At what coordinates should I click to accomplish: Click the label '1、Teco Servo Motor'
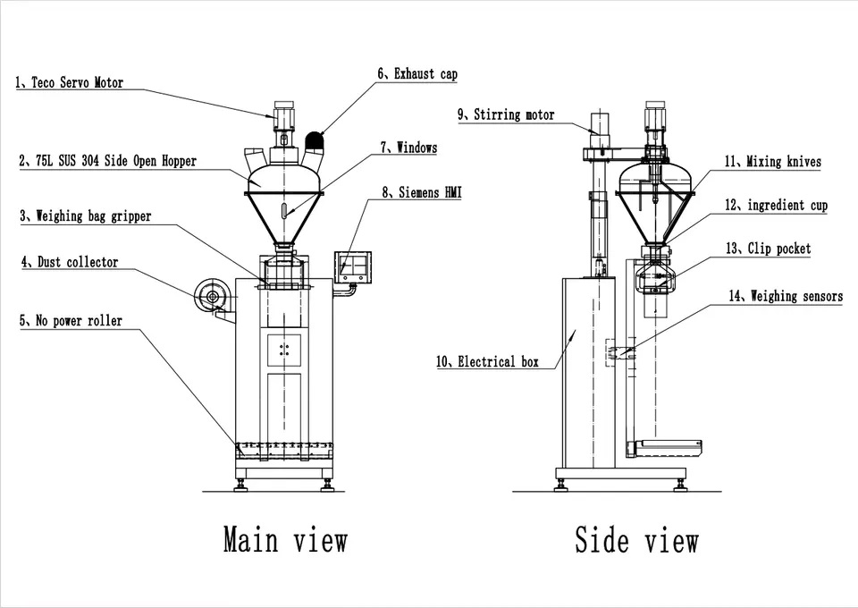click(x=69, y=83)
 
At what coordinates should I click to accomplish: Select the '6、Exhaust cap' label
click(x=416, y=74)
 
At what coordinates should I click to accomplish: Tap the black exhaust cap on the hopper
click(x=314, y=141)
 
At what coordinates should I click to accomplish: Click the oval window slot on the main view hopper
click(x=283, y=211)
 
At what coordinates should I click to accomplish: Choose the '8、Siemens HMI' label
click(x=421, y=191)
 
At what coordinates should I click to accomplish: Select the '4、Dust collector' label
click(x=70, y=263)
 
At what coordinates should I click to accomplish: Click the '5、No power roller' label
click(x=71, y=320)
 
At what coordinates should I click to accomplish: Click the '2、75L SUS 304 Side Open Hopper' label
click(x=107, y=162)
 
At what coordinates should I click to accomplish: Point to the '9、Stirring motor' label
click(x=505, y=114)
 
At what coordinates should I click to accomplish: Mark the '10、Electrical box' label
click(x=487, y=362)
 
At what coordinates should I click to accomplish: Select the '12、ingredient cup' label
click(x=776, y=206)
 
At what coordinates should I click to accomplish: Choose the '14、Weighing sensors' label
click(x=784, y=296)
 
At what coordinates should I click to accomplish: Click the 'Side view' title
click(x=636, y=540)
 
